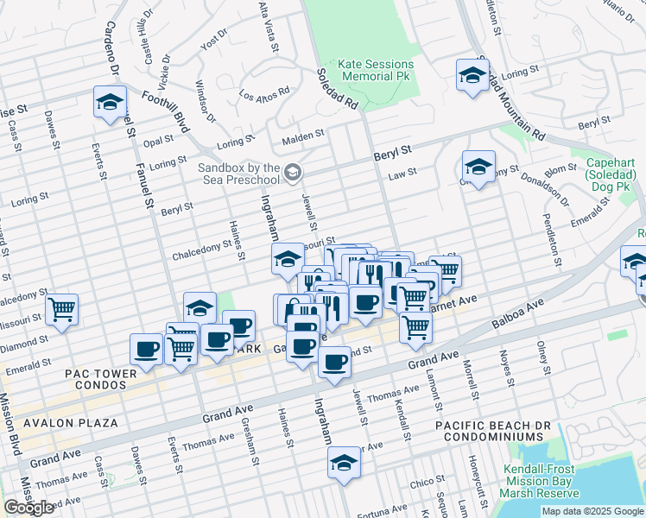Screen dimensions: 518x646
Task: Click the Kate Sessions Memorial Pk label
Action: (376, 70)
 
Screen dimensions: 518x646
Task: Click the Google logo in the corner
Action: (29, 508)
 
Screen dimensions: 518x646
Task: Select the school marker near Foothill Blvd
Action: (111, 103)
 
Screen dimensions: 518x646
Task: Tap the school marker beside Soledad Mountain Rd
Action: (472, 75)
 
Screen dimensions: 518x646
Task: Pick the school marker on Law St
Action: (478, 167)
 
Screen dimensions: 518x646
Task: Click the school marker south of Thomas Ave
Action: (344, 465)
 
